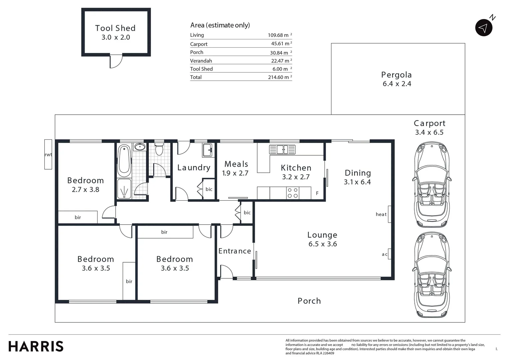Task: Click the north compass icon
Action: click(484, 28)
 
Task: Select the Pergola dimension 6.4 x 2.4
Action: click(397, 84)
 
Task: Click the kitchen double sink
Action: click(282, 149)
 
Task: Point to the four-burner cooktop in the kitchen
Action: click(292, 193)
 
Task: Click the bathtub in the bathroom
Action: click(124, 161)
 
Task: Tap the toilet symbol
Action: click(159, 149)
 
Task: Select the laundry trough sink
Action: click(207, 150)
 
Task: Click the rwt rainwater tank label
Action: click(48, 155)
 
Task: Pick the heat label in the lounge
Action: click(381, 214)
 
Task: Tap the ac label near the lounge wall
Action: click(384, 254)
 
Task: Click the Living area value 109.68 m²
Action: click(280, 35)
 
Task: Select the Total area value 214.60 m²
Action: click(280, 77)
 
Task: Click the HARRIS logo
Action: click(36, 347)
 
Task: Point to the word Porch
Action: click(309, 301)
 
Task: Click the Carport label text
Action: click(429, 123)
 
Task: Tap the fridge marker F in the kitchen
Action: click(317, 193)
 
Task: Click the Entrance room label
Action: click(235, 251)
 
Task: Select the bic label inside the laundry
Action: click(209, 189)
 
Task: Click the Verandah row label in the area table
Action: click(201, 61)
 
